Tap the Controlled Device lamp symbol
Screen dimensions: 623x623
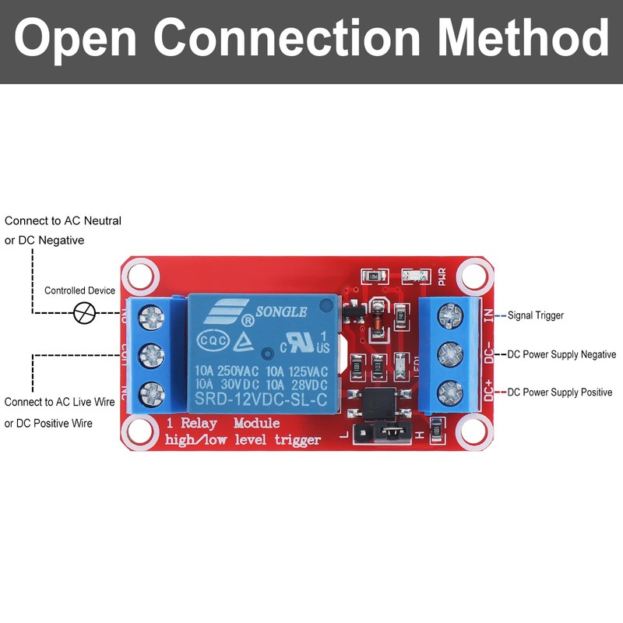point(83,314)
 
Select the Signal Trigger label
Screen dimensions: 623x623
point(535,315)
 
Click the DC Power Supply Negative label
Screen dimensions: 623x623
point(561,354)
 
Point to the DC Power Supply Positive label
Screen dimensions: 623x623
point(560,392)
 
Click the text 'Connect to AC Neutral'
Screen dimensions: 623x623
point(63,221)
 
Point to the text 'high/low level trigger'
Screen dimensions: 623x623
point(243,441)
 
